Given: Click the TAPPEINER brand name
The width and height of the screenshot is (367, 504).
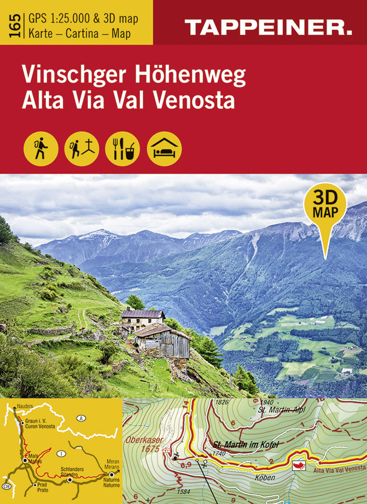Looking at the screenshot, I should coord(268,28).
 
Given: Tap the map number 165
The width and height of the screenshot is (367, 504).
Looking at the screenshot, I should coord(15,25).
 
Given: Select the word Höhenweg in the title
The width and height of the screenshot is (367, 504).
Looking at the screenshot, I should coord(190,75).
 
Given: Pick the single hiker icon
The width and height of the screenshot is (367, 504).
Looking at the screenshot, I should coord(41,149).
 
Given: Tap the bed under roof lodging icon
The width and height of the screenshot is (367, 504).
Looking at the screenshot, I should coord(164,149).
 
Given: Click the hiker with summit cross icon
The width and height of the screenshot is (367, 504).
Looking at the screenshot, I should coord(81,149).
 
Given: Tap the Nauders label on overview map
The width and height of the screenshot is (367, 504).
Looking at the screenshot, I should coord(25,406).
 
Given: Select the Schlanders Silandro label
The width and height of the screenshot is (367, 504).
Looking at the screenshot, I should coord(72,472).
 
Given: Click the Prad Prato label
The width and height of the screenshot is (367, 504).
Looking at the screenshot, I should coord(43,487).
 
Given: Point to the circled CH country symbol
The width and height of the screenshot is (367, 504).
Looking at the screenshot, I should coord(6,486).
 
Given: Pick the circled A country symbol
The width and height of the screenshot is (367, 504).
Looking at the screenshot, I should coord(81,418).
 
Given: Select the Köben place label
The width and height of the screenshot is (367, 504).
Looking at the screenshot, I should coord(265,477).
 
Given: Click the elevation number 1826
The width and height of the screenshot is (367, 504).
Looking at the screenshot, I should coord(222,402).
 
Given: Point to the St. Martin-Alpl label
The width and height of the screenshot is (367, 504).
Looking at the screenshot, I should coord(281,410).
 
